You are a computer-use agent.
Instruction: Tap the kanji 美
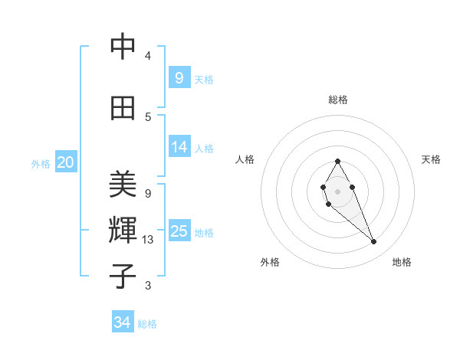(x=123, y=186)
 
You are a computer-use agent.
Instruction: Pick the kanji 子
(x=123, y=277)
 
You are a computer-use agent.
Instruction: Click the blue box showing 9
(x=179, y=77)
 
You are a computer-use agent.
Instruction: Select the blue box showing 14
(x=179, y=147)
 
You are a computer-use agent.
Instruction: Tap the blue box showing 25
(x=179, y=231)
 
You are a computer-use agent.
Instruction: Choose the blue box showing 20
(x=66, y=162)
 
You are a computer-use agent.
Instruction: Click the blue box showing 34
(x=123, y=322)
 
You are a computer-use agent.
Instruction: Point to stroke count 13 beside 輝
(x=149, y=240)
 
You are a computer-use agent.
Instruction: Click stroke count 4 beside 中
(x=148, y=56)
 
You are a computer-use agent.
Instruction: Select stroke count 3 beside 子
(x=148, y=286)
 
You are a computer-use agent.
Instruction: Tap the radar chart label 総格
(x=337, y=100)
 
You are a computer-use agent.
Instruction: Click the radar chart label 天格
(x=431, y=159)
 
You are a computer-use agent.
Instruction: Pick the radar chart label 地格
(x=402, y=262)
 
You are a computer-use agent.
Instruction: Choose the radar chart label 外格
(x=270, y=262)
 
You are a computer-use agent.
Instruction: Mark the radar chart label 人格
(x=245, y=159)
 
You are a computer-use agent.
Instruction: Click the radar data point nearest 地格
(x=374, y=242)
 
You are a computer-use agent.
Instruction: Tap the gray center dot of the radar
(x=337, y=191)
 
